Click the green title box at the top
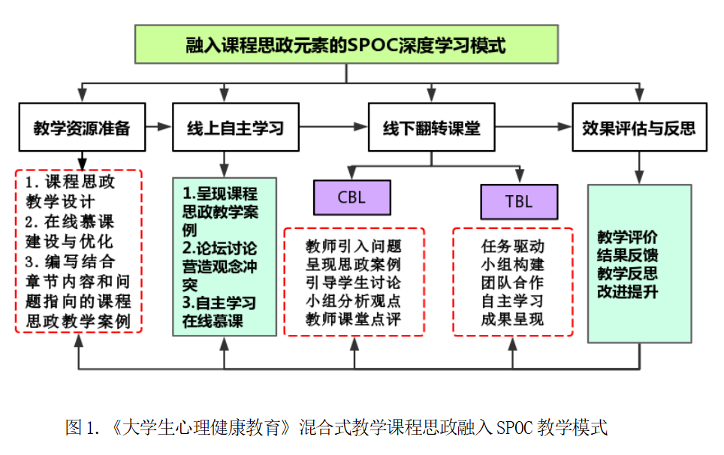pyautogui.click(x=346, y=44)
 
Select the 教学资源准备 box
pyautogui.click(x=82, y=127)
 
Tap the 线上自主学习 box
pyautogui.click(x=236, y=127)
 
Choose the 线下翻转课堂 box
pyautogui.click(x=431, y=127)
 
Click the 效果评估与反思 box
pyautogui.click(x=639, y=127)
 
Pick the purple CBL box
pyautogui.click(x=351, y=197)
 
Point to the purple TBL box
pyautogui.click(x=519, y=202)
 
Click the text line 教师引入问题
pyautogui.click(x=353, y=246)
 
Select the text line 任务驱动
pyautogui.click(x=512, y=246)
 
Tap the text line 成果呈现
pyautogui.click(x=512, y=319)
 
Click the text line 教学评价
pyautogui.click(x=627, y=237)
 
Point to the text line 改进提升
pyautogui.click(x=627, y=291)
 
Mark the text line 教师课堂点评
pyautogui.click(x=353, y=319)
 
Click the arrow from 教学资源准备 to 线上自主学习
pyautogui.click(x=158, y=126)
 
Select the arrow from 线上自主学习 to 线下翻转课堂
pyautogui.click(x=333, y=126)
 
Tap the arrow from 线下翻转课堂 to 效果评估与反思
pyautogui.click(x=533, y=126)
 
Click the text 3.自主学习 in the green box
pyautogui.click(x=219, y=303)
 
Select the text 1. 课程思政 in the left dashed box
pyautogui.click(x=70, y=182)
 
